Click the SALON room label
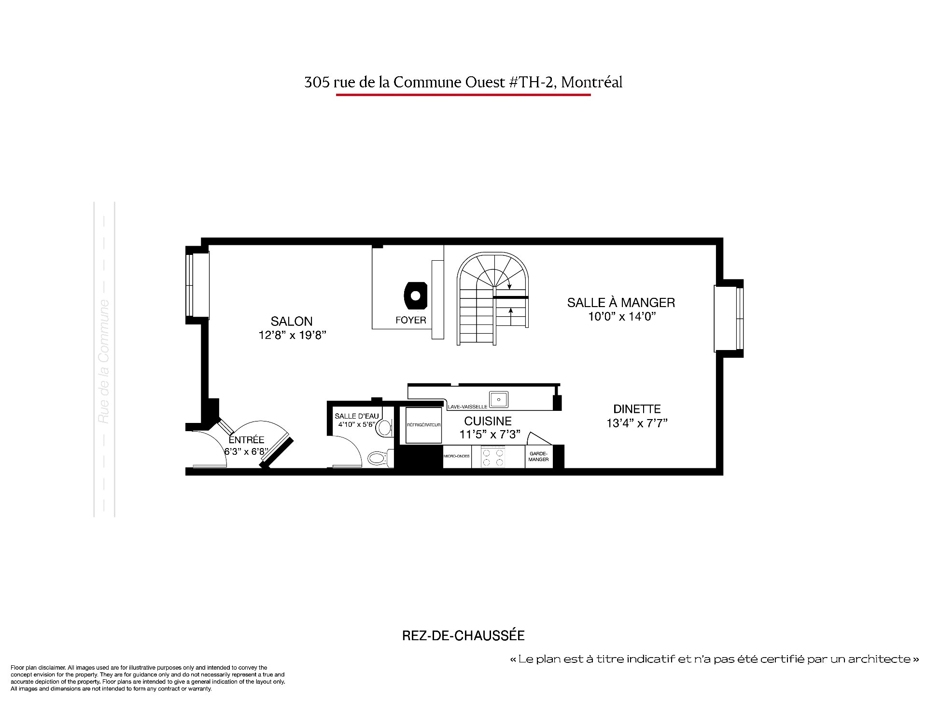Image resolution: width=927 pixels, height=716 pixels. pyautogui.click(x=292, y=321)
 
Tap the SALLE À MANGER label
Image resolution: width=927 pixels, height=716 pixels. pyautogui.click(x=621, y=303)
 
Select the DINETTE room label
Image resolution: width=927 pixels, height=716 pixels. pyautogui.click(x=637, y=409)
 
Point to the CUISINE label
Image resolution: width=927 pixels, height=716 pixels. pyautogui.click(x=488, y=421)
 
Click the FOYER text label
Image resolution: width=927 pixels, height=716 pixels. pyautogui.click(x=411, y=320)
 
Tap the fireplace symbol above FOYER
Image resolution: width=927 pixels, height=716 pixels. pyautogui.click(x=416, y=295)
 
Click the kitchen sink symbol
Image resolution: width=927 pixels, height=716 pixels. pyautogui.click(x=498, y=399)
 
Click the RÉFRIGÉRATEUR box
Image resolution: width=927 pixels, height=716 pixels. pyautogui.click(x=423, y=425)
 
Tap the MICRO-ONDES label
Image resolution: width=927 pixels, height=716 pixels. pyautogui.click(x=457, y=456)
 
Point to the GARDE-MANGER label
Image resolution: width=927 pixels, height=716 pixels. pyautogui.click(x=538, y=456)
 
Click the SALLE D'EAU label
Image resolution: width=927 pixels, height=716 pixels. pyautogui.click(x=356, y=416)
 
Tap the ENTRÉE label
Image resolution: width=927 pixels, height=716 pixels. pyautogui.click(x=246, y=440)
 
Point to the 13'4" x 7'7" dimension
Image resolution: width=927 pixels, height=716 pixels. pyautogui.click(x=637, y=423)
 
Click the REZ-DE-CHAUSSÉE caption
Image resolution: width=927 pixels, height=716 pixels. pyautogui.click(x=463, y=636)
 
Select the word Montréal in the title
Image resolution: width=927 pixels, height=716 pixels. pyautogui.click(x=592, y=83)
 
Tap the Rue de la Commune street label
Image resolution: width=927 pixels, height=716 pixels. pyautogui.click(x=104, y=362)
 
